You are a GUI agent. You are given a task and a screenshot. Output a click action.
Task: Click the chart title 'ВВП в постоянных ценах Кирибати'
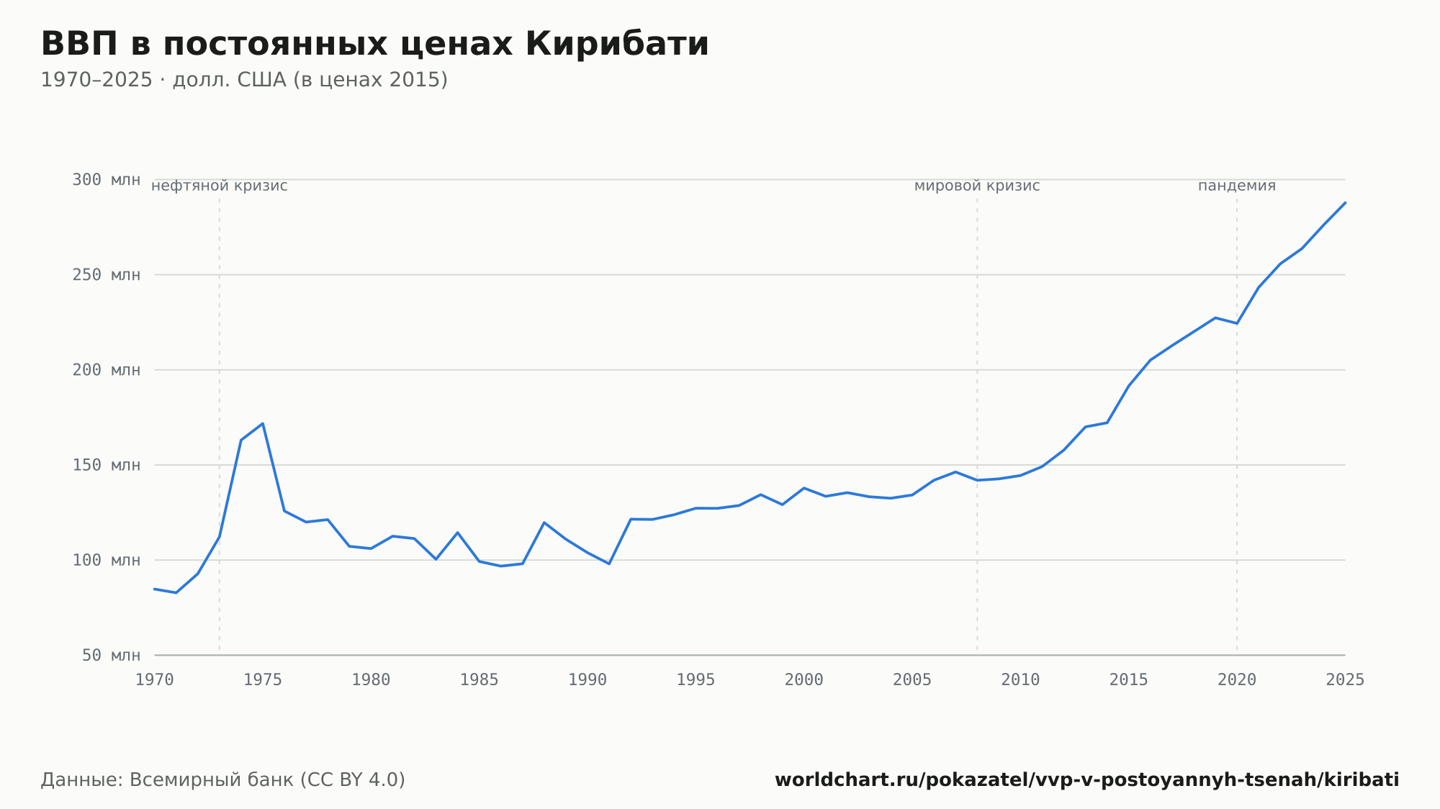click(374, 44)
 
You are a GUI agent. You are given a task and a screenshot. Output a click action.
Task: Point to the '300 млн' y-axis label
click(106, 180)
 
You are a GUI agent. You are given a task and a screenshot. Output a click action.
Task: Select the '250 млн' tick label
click(106, 275)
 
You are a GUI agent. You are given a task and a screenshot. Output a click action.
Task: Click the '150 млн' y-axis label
click(106, 465)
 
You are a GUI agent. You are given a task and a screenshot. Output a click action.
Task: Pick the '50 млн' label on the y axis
click(111, 655)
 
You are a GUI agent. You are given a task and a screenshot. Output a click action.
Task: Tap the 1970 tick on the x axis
click(155, 680)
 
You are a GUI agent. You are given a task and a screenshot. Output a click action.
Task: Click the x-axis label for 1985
click(480, 680)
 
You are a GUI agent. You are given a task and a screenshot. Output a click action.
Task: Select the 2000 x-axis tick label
click(804, 680)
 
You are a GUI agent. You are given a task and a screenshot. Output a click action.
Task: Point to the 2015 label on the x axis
click(1129, 680)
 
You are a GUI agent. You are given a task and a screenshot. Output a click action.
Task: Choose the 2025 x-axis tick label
click(1345, 680)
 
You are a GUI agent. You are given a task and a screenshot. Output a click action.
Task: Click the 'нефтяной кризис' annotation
click(220, 186)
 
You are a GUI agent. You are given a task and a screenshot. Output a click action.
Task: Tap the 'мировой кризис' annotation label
click(977, 186)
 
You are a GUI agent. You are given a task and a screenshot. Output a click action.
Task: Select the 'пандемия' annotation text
click(1237, 186)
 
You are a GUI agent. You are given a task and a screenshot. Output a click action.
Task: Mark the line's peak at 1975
click(263, 423)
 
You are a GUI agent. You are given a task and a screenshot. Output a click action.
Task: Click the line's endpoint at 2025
click(1345, 203)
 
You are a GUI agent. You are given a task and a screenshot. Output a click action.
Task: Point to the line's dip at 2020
click(1237, 323)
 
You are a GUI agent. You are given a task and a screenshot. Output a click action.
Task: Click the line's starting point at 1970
click(155, 589)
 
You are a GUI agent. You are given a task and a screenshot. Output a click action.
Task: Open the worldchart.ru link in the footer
click(1087, 780)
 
